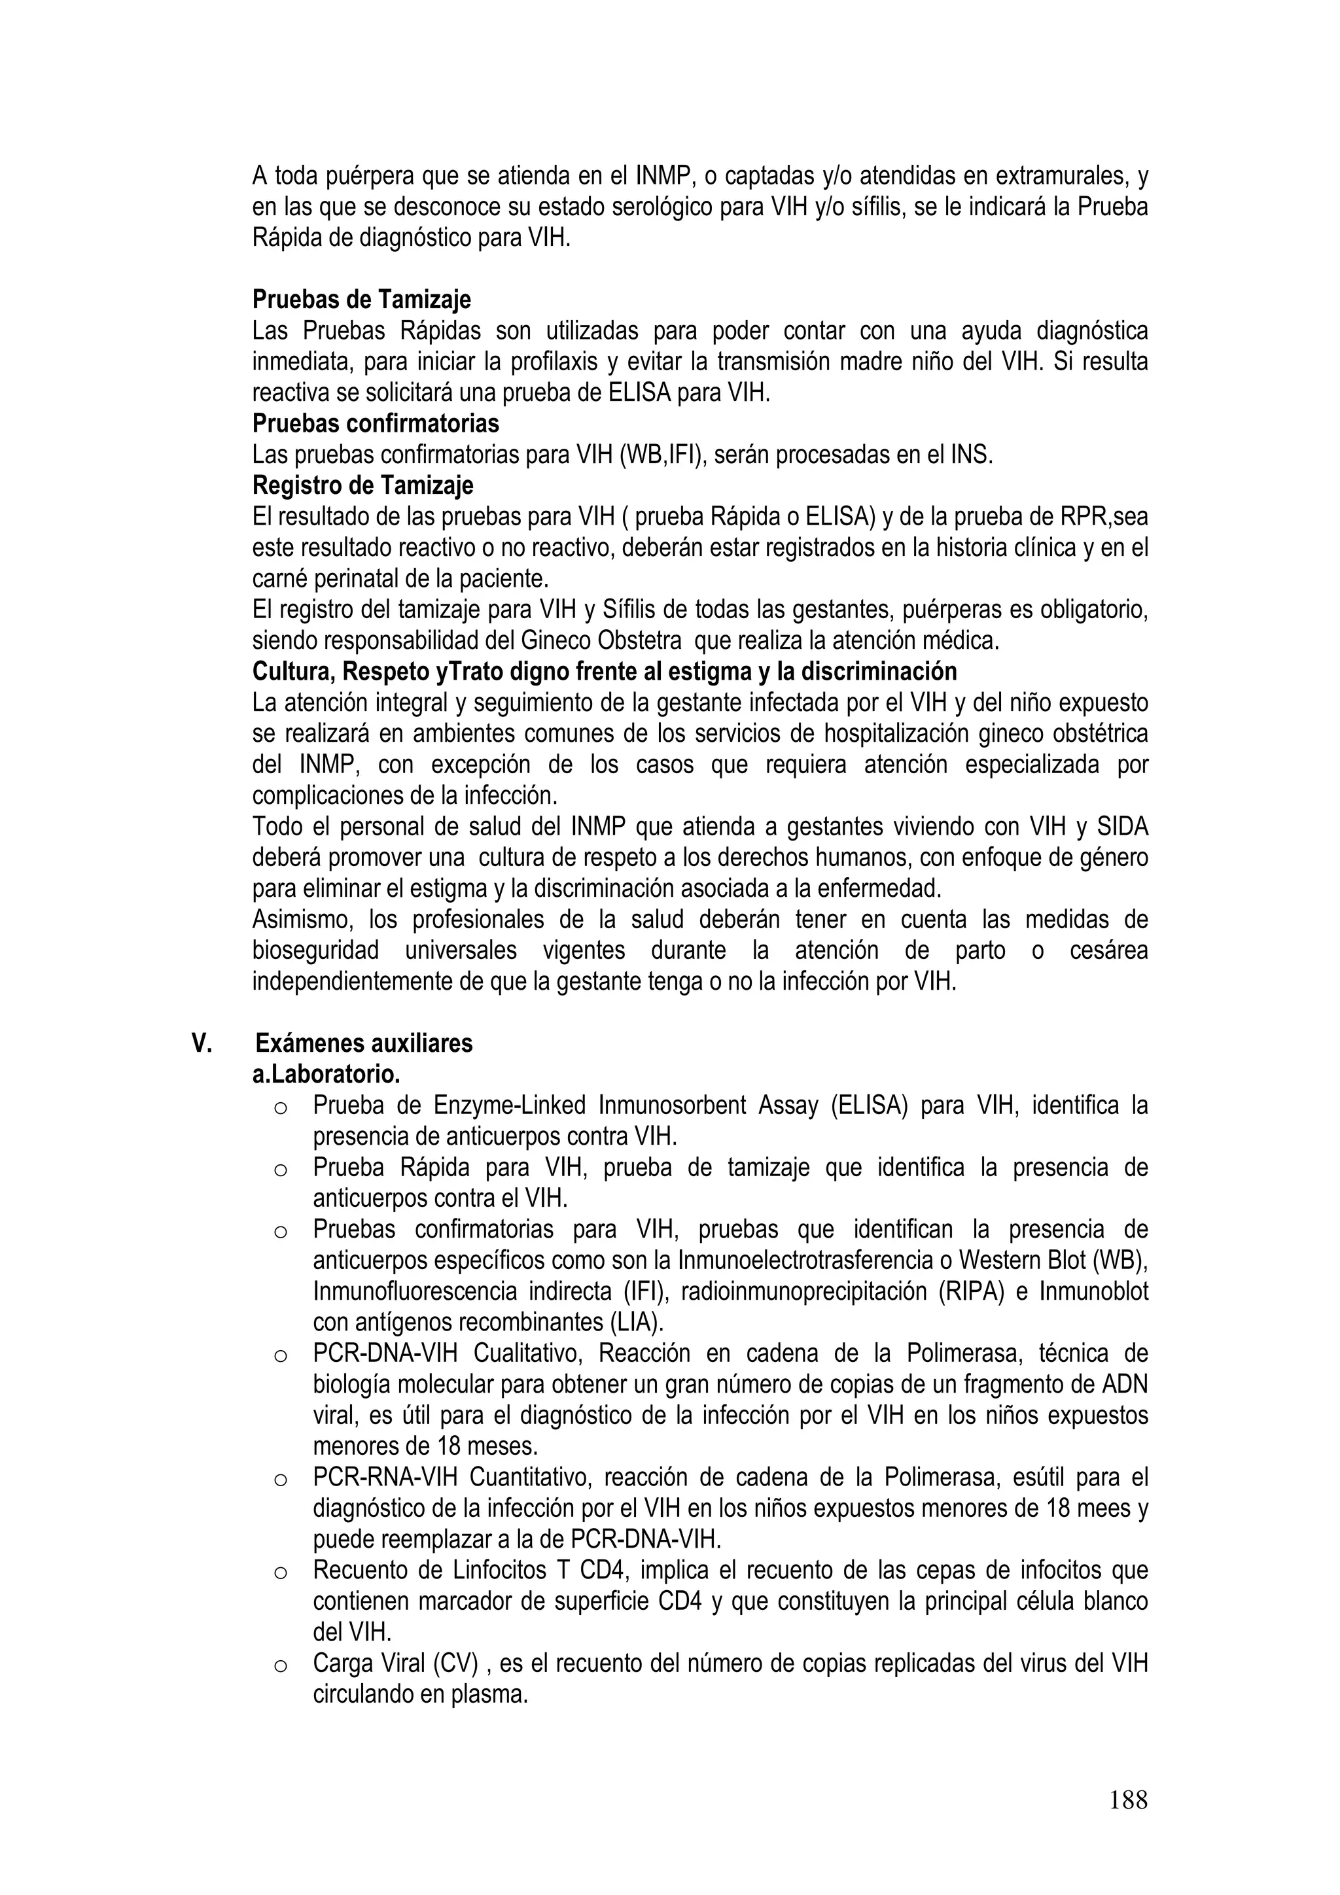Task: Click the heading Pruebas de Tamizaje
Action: click(362, 299)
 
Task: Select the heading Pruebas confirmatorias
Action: click(376, 423)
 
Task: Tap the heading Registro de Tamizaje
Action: click(362, 485)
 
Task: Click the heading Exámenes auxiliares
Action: click(364, 1043)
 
